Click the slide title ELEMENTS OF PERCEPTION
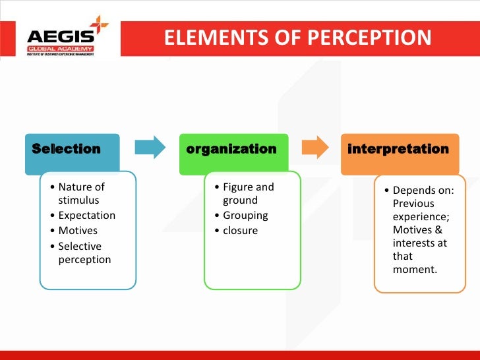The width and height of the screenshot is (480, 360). (x=297, y=38)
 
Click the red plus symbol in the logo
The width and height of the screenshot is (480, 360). (x=100, y=25)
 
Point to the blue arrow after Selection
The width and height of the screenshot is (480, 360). (x=150, y=148)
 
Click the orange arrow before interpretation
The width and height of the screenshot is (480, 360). (x=315, y=148)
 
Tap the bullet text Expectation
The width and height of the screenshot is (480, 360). (x=86, y=216)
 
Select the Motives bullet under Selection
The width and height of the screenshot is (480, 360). (x=78, y=231)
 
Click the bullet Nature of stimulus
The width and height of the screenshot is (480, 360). (x=81, y=193)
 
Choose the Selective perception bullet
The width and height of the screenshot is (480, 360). (x=84, y=253)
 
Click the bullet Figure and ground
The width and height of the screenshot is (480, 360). (x=247, y=193)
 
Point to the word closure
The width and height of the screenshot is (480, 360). (x=240, y=231)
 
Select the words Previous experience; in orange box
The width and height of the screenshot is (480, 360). (x=413, y=210)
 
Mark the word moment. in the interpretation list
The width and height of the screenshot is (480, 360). (x=415, y=270)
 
